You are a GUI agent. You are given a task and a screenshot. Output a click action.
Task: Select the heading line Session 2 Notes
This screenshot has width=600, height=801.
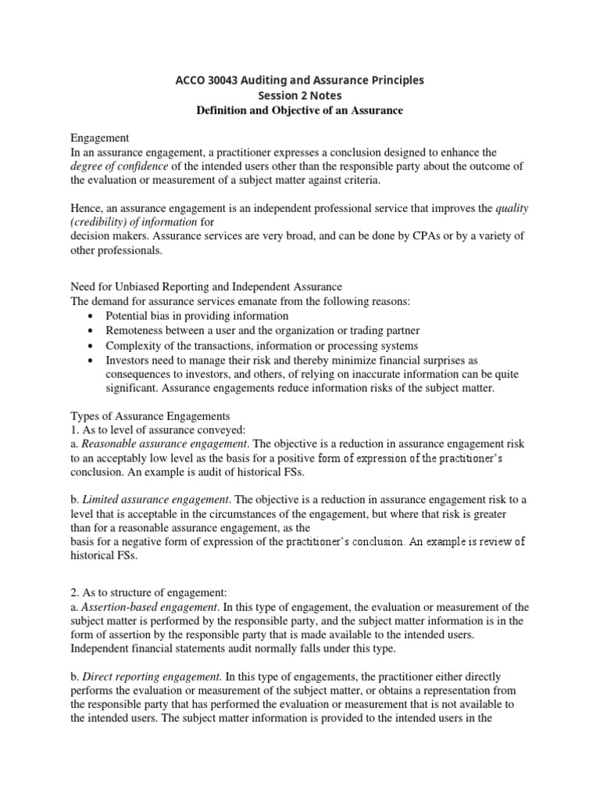[x=299, y=95]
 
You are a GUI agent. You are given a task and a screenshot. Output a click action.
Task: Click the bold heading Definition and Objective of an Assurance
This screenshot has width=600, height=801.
[x=299, y=110]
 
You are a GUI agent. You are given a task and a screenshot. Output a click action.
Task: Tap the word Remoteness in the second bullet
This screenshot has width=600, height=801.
[x=136, y=331]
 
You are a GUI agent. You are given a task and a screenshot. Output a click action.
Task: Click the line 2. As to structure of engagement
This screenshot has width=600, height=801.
[x=150, y=592]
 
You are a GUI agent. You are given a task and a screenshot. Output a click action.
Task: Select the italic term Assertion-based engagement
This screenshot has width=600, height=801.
[x=152, y=607]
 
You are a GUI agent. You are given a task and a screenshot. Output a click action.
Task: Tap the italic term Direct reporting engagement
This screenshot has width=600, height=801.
[x=153, y=675]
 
